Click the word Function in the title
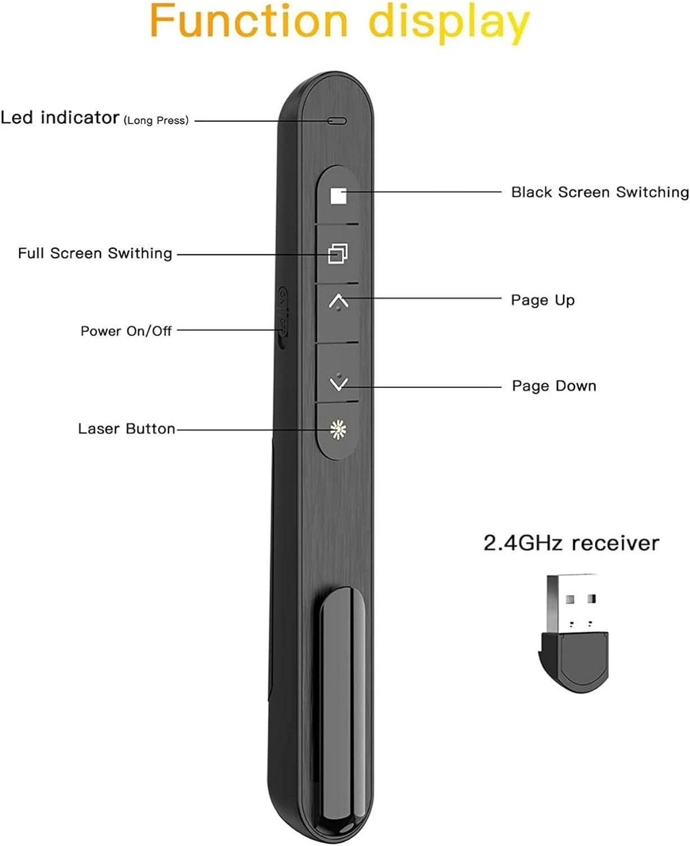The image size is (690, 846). click(x=249, y=21)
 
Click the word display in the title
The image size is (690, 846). click(x=449, y=24)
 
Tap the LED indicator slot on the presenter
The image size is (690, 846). click(x=337, y=121)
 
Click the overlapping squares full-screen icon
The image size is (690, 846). click(x=338, y=253)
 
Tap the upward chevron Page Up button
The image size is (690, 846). click(x=338, y=302)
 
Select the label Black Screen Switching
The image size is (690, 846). click(x=599, y=192)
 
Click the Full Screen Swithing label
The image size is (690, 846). click(x=95, y=253)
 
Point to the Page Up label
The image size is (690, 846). click(x=542, y=300)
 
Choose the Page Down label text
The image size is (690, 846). click(x=554, y=386)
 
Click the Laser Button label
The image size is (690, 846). click(x=126, y=429)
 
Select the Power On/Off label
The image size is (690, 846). click(x=126, y=331)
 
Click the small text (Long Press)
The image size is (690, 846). click(x=156, y=120)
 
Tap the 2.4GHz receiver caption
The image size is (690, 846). click(x=570, y=543)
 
